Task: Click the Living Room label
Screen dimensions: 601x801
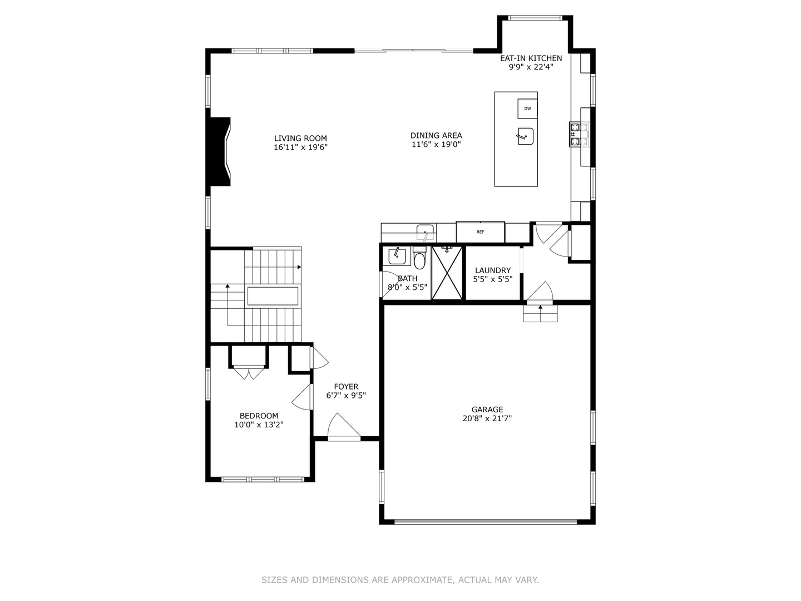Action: pyautogui.click(x=300, y=139)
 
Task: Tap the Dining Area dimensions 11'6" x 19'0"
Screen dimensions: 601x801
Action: pyautogui.click(x=436, y=145)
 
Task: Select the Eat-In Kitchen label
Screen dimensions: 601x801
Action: pyautogui.click(x=531, y=58)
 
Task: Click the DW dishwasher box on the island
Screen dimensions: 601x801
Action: pyautogui.click(x=527, y=109)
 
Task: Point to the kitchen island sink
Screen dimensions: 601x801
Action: pyautogui.click(x=525, y=136)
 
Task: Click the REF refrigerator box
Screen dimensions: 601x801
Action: pyautogui.click(x=480, y=231)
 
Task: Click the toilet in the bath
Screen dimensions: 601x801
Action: pyautogui.click(x=419, y=259)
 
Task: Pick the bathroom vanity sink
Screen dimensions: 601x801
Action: pyautogui.click(x=397, y=255)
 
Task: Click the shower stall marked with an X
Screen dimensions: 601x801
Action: pyautogui.click(x=447, y=273)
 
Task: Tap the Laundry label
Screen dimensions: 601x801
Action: pyautogui.click(x=493, y=270)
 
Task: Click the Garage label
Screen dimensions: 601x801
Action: pyautogui.click(x=487, y=410)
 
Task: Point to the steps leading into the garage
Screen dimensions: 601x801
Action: pyautogui.click(x=540, y=314)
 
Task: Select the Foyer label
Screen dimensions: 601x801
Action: pyautogui.click(x=346, y=387)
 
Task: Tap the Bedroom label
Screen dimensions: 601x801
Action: pyautogui.click(x=259, y=416)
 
